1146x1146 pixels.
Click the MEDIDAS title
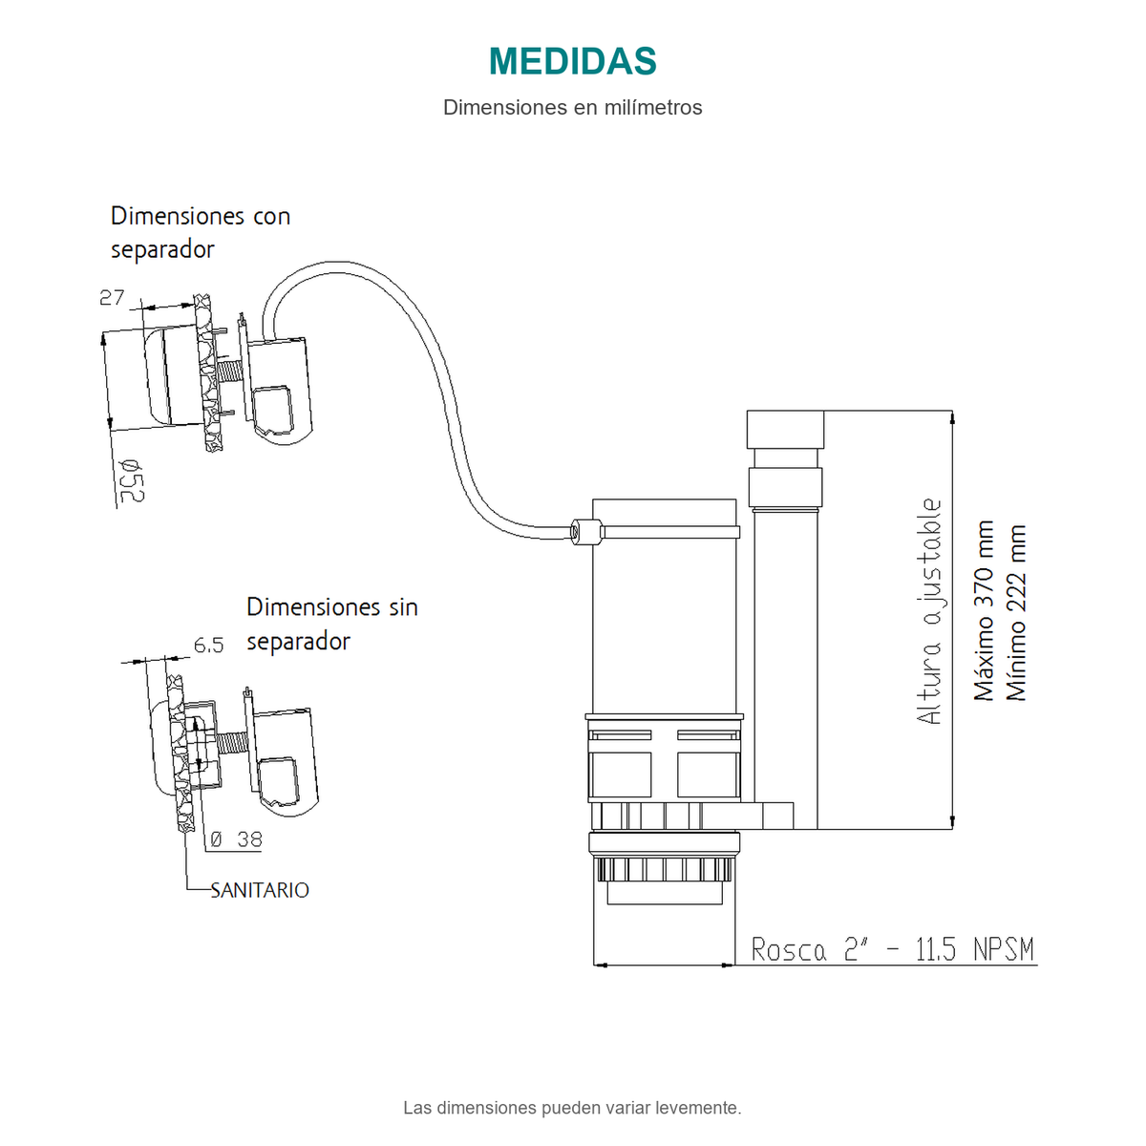pyautogui.click(x=572, y=61)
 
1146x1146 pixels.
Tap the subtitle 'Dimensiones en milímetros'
pyautogui.click(x=572, y=108)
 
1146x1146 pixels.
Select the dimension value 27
pyautogui.click(x=112, y=297)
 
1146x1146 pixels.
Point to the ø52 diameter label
pyautogui.click(x=132, y=481)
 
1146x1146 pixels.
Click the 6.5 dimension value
pyautogui.click(x=209, y=645)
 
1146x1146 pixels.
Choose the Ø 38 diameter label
pyautogui.click(x=236, y=839)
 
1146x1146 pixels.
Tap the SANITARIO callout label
pyautogui.click(x=260, y=890)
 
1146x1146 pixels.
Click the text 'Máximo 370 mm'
pyautogui.click(x=985, y=610)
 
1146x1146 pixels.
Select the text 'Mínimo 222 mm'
pyautogui.click(x=1016, y=612)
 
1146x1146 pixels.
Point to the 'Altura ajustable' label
pyautogui.click(x=929, y=611)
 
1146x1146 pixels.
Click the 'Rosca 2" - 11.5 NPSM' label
pyautogui.click(x=893, y=949)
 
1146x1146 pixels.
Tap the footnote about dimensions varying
pyautogui.click(x=572, y=1108)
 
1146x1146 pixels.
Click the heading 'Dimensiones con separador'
pyautogui.click(x=201, y=232)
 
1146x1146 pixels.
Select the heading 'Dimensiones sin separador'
pyautogui.click(x=332, y=624)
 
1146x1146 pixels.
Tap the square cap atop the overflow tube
pyautogui.click(x=785, y=430)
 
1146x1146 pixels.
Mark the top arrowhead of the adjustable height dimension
pyautogui.click(x=952, y=417)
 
